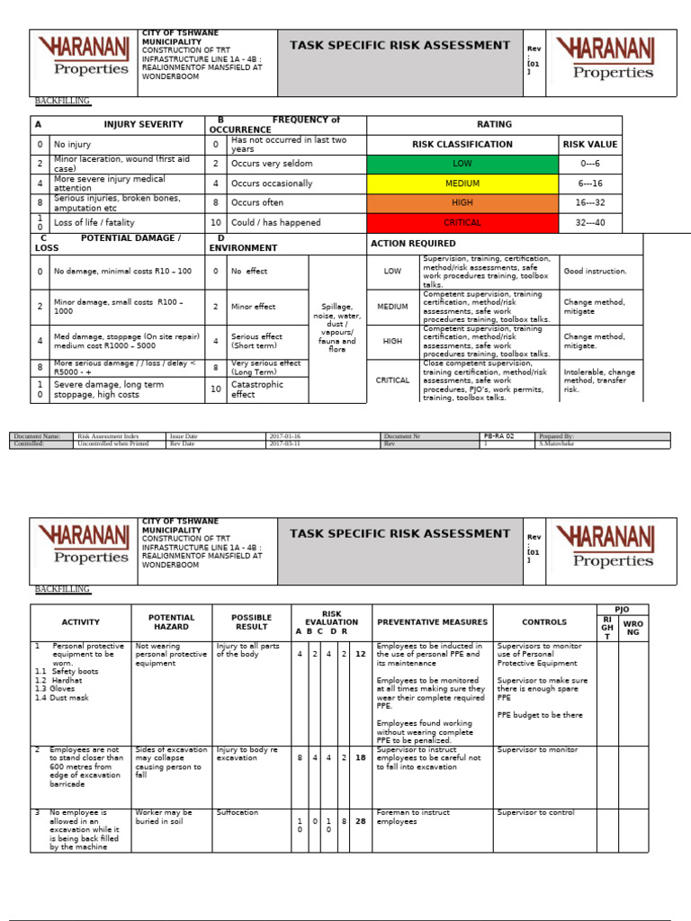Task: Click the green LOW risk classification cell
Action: tap(462, 164)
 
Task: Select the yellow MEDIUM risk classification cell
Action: tap(462, 183)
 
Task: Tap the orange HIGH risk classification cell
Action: tap(462, 202)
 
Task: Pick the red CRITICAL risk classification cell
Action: tap(462, 222)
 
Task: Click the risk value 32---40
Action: tap(589, 222)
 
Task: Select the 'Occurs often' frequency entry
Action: tap(257, 203)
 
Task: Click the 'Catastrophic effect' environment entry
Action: tap(256, 389)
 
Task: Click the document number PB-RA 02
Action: tap(498, 435)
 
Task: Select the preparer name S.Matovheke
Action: tap(558, 443)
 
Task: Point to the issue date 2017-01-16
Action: tap(286, 435)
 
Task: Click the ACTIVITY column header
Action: tap(80, 622)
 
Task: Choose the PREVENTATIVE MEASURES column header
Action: tap(432, 622)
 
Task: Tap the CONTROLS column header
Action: tap(544, 622)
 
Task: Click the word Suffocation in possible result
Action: tap(237, 812)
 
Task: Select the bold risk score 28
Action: tap(360, 820)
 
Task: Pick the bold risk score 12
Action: tap(360, 654)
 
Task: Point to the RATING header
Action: tap(494, 125)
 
